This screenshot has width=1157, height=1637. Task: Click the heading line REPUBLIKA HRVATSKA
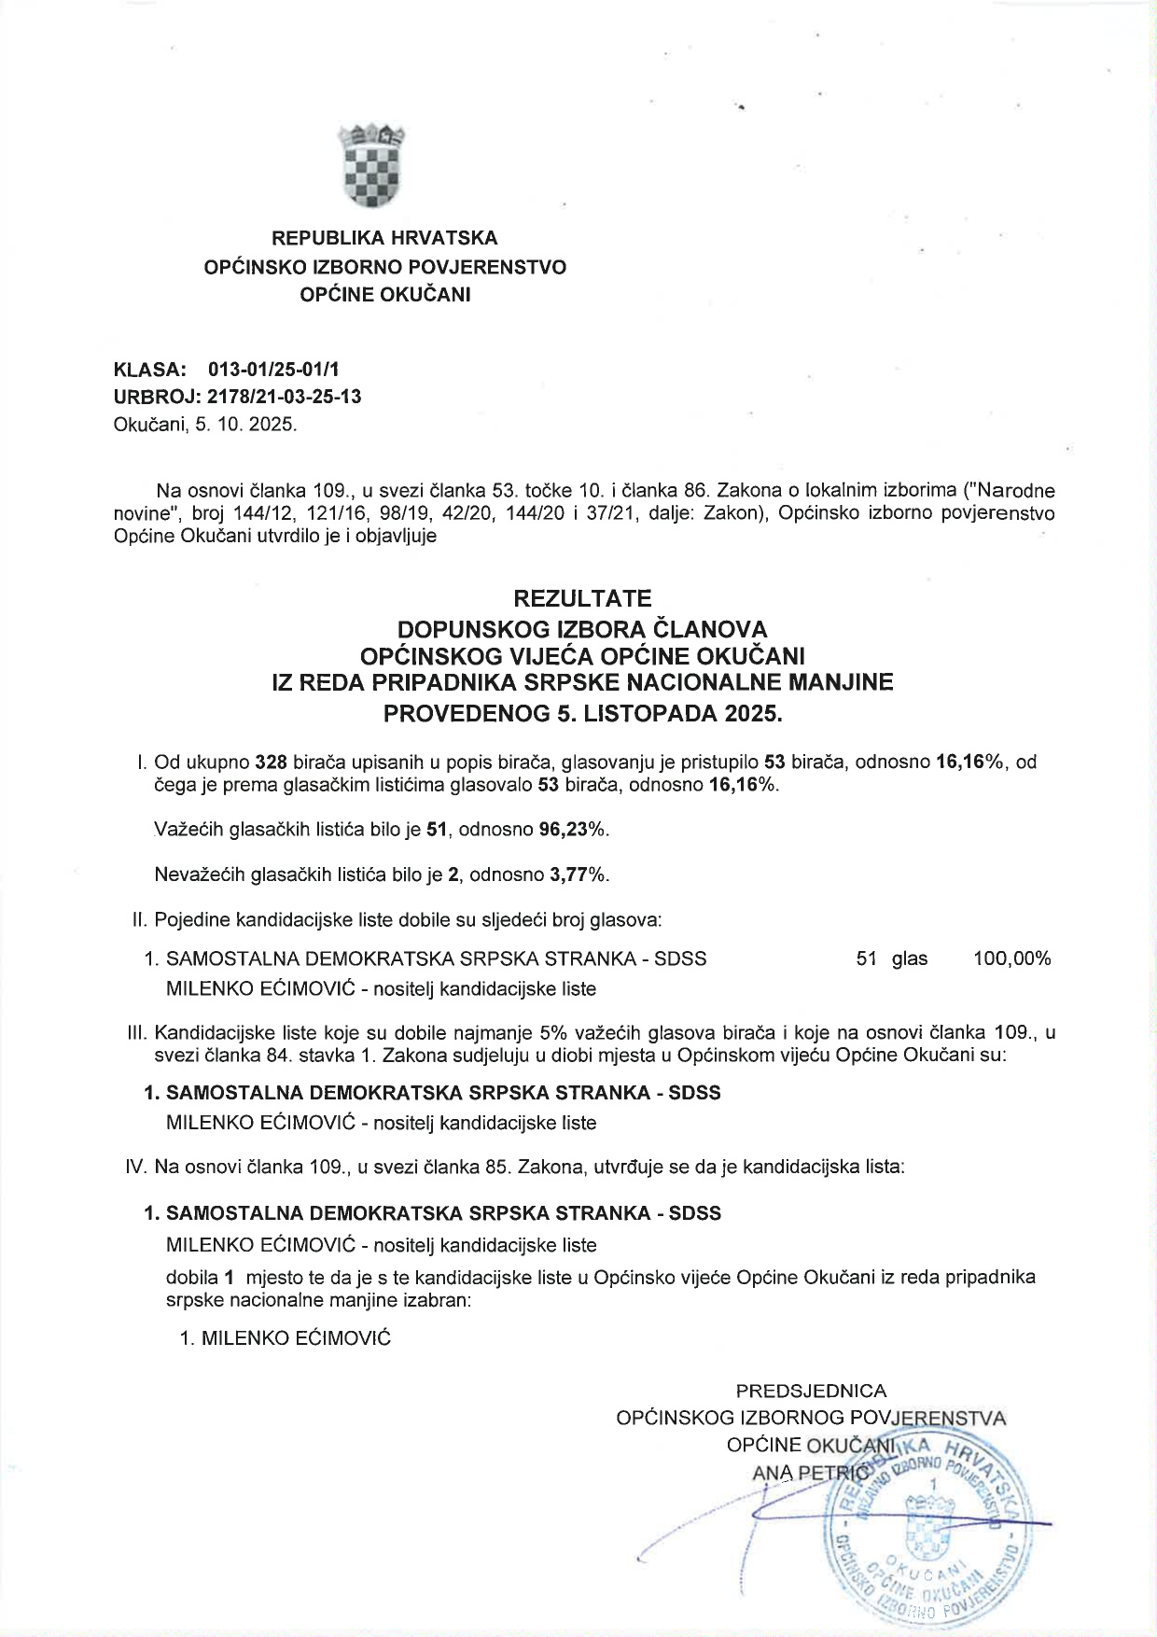(x=384, y=238)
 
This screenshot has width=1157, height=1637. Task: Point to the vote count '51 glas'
(x=891, y=958)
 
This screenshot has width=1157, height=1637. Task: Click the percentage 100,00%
(x=1011, y=958)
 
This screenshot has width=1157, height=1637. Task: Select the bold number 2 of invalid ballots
(x=453, y=874)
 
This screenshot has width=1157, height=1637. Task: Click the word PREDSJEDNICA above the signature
(x=811, y=1392)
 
